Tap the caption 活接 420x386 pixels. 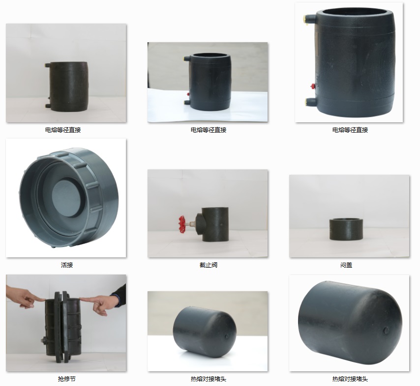pos(67,265)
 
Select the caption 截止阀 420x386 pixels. pos(209,265)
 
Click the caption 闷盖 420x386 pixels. pos(346,265)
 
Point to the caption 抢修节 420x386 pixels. pos(67,379)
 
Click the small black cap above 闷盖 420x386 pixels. pos(346,229)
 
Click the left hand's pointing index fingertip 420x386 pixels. pos(43,300)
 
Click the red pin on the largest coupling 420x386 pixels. pos(312,86)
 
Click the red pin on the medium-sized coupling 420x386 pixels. pos(188,94)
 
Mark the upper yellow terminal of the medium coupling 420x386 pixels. pos(185,58)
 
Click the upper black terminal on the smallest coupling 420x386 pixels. pos(48,65)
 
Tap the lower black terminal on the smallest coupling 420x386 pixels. pos(48,106)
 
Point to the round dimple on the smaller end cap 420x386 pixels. pos(227,336)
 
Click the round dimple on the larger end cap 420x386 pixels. pos(386,331)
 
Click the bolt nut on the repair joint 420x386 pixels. pos(43,341)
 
